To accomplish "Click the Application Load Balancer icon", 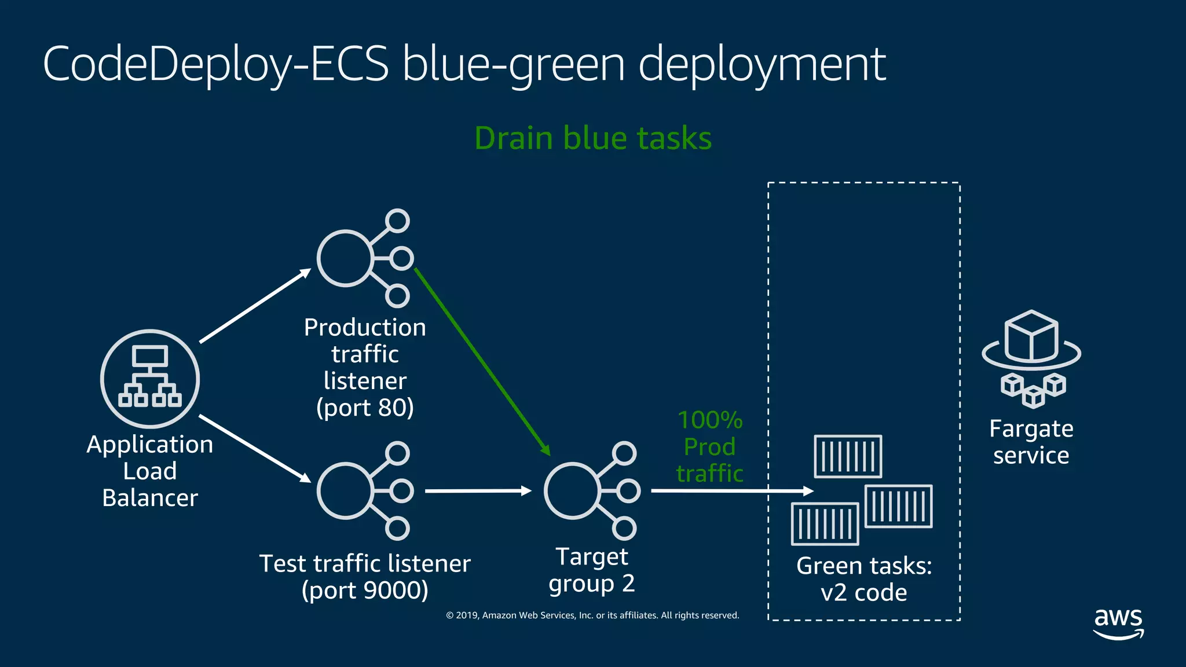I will click(x=150, y=379).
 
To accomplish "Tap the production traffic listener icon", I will click(x=364, y=258).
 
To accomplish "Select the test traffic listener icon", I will click(x=364, y=491).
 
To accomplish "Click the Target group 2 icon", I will click(x=591, y=491).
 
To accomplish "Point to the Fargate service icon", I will click(x=1031, y=359).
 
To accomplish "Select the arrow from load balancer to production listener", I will click(x=255, y=306).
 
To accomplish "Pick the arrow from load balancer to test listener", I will click(x=255, y=448).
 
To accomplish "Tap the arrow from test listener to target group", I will click(x=478, y=491).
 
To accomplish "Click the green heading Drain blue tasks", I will click(x=593, y=138).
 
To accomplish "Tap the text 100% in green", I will click(x=710, y=420).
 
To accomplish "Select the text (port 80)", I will click(x=365, y=408).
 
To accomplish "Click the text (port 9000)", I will click(x=365, y=591).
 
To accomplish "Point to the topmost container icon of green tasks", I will click(x=848, y=456).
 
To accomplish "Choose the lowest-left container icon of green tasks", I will click(x=825, y=523).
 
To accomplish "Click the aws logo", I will click(x=1118, y=623).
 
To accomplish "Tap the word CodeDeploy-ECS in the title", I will click(x=215, y=64).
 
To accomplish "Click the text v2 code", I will click(x=863, y=593).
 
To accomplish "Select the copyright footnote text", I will click(x=592, y=615).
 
